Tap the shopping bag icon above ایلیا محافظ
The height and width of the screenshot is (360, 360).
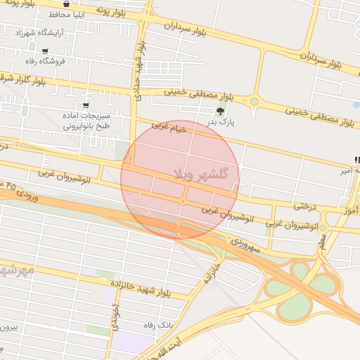point(66,3)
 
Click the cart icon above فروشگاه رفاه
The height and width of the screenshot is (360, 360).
point(46,51)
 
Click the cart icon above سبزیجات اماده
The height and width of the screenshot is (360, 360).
point(86,105)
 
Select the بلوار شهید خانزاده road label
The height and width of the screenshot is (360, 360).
point(150,285)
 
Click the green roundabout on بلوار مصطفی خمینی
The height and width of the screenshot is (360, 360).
point(255,102)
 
